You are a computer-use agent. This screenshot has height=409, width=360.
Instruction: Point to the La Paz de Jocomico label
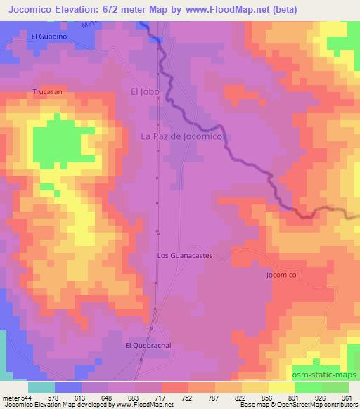click(x=181, y=137)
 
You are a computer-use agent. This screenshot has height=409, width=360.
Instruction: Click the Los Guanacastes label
click(x=184, y=256)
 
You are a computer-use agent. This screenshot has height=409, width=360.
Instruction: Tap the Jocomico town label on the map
click(x=284, y=275)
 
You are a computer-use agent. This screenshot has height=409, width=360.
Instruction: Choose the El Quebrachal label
click(x=148, y=345)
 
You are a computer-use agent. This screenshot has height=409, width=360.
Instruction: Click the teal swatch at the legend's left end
click(x=41, y=387)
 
